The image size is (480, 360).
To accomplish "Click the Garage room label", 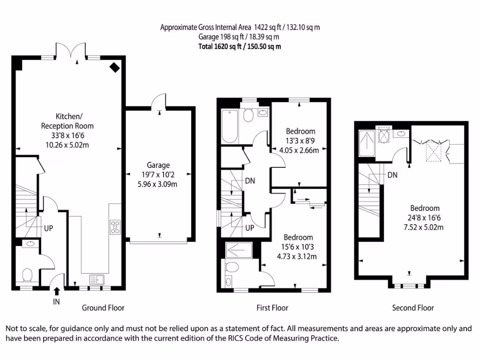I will click(158, 165).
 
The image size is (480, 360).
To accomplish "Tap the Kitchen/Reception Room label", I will click(67, 121).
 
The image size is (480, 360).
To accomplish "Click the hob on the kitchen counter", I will click(115, 227).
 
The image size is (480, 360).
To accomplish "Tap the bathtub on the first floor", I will click(230, 126).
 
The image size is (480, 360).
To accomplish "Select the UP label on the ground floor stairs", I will click(48, 228).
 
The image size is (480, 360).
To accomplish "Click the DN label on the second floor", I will click(392, 175).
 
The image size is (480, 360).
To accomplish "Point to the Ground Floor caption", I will click(103, 308).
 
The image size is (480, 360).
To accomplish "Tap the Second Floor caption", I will click(413, 308).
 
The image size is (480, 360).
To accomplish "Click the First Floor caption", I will click(272, 308).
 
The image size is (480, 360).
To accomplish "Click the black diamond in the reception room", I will click(114, 67).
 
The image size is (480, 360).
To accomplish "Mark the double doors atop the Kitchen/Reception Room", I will click(75, 52).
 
